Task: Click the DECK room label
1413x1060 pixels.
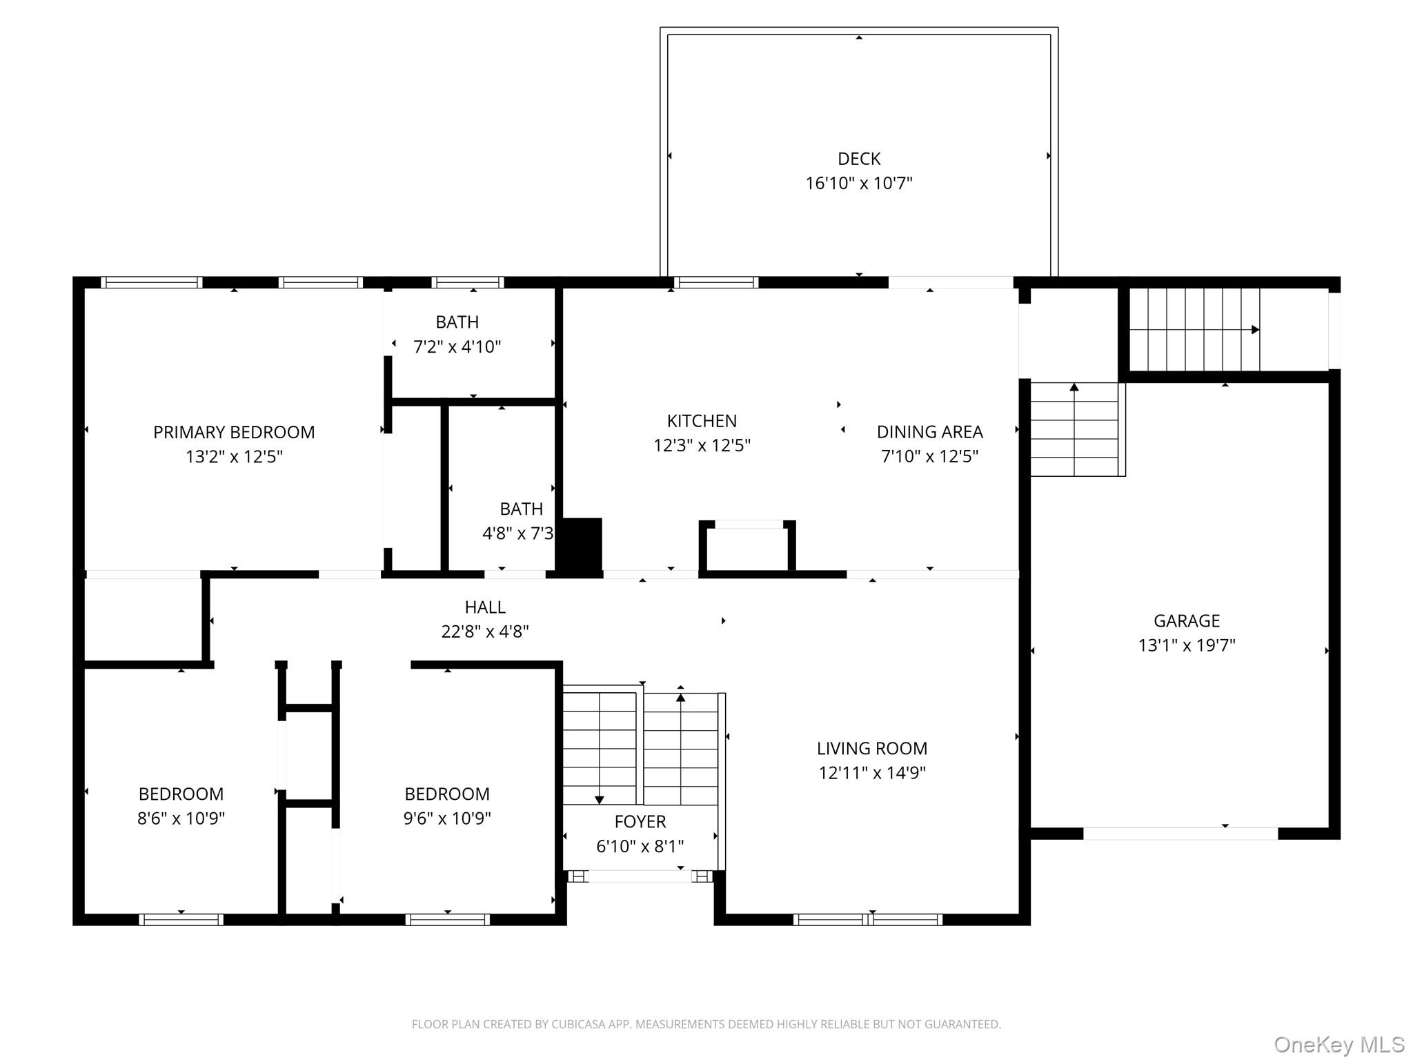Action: click(859, 159)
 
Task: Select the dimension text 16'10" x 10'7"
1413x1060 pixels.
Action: click(859, 184)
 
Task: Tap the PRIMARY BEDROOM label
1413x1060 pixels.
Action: click(234, 432)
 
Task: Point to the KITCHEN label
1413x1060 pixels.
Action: click(702, 421)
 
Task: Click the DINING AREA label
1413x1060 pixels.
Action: click(929, 432)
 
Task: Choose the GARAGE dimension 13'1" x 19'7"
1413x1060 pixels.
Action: click(1187, 645)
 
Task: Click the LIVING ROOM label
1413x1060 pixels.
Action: click(872, 748)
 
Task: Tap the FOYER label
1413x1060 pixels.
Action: click(640, 821)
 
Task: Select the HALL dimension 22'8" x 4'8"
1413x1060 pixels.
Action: click(485, 631)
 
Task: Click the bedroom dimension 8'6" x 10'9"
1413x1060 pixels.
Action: click(181, 818)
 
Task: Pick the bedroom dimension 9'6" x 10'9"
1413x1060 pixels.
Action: click(447, 818)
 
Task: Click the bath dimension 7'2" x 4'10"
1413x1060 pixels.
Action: click(457, 346)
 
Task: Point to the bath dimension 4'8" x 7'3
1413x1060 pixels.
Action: click(517, 533)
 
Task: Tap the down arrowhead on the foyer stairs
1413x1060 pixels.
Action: click(599, 800)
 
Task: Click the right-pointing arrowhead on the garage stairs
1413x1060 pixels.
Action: click(1255, 330)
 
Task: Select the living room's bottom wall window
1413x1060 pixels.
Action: click(868, 919)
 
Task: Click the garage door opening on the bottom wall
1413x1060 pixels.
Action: click(1180, 834)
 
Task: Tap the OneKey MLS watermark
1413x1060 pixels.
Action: click(1338, 1045)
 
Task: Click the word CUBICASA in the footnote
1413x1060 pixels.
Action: click(577, 1024)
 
